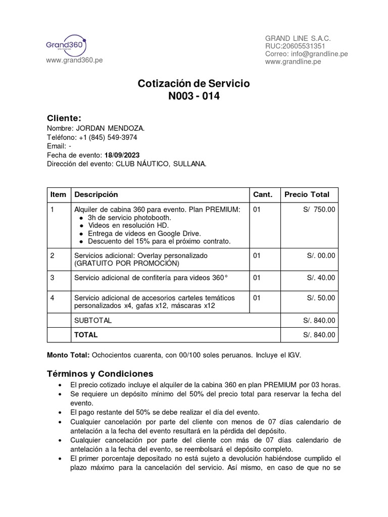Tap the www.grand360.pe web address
[x=74, y=60]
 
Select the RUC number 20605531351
[x=304, y=46]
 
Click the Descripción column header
[x=96, y=194]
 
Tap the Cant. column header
[x=262, y=194]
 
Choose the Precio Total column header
[x=307, y=194]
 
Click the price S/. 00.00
[x=321, y=255]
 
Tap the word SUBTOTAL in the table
[x=93, y=320]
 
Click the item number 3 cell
[x=53, y=278]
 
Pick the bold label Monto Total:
[x=68, y=355]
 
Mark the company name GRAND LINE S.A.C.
[x=298, y=39]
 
